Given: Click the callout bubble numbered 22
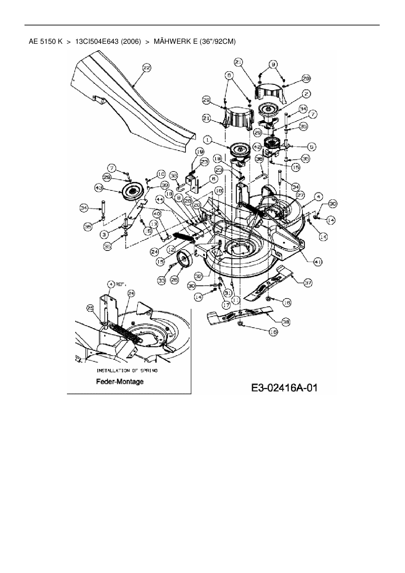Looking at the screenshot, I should (147, 68).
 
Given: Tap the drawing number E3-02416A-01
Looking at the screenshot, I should (284, 388).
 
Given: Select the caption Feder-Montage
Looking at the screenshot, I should (120, 381).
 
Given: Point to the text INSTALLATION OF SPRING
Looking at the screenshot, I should (127, 370).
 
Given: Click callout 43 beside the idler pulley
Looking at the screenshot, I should (99, 188).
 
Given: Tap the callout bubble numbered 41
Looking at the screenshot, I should (318, 261).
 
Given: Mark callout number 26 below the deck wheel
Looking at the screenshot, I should (175, 280).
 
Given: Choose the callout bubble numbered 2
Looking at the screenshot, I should (306, 94).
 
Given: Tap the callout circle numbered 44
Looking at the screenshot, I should (160, 198).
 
